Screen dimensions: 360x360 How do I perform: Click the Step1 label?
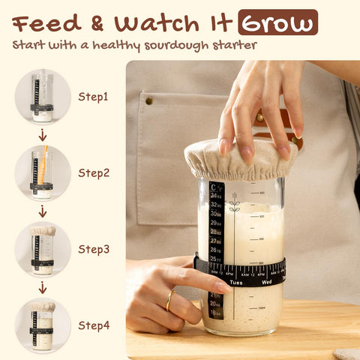coord(94,97)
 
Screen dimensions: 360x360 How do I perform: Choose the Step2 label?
coord(94,172)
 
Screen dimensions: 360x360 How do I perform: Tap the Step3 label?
coord(94,249)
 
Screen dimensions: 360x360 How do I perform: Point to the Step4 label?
coord(94,325)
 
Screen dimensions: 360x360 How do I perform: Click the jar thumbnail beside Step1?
coord(43,97)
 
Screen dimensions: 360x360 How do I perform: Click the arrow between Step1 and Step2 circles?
coord(43,135)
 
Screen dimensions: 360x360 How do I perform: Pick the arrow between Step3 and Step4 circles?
coord(43,287)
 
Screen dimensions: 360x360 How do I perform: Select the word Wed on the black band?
coord(266,283)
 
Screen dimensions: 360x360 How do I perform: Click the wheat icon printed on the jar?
coord(234,202)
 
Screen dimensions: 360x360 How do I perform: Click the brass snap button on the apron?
coord(148,100)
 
